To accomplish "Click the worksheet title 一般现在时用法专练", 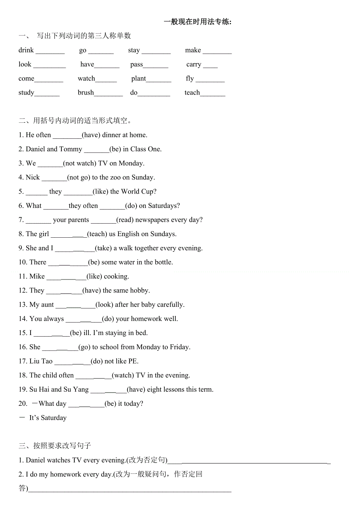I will click(x=198, y=22).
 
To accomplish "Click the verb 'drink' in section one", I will click(x=26, y=50).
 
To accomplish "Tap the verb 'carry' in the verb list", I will click(x=194, y=65).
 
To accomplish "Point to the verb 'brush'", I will click(x=86, y=93).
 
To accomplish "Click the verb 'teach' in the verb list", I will click(x=192, y=93).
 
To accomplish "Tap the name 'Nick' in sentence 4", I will click(x=33, y=177).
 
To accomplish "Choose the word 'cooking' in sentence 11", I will click(x=116, y=276).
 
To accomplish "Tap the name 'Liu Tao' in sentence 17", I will click(x=41, y=361).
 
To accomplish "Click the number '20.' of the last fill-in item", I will click(x=23, y=403).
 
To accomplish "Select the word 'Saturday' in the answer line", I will click(x=54, y=418).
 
